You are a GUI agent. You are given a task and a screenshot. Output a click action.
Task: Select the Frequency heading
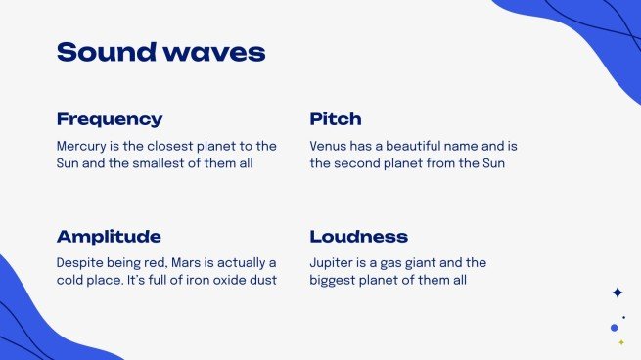[110, 119]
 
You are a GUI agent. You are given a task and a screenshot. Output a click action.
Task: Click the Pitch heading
[336, 119]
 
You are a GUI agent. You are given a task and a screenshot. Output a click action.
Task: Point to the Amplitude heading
[109, 237]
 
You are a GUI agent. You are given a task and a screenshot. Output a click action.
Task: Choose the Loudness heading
[359, 237]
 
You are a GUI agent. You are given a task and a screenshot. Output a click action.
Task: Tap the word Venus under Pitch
[329, 146]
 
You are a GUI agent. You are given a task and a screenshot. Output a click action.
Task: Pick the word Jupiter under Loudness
[334, 263]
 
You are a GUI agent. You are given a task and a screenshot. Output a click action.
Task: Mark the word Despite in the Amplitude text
[80, 263]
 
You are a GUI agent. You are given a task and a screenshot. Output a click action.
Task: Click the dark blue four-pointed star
[617, 292]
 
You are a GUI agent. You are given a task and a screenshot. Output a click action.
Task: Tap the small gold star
[620, 343]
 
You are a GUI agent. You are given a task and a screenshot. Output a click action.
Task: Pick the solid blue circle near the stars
[614, 328]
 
